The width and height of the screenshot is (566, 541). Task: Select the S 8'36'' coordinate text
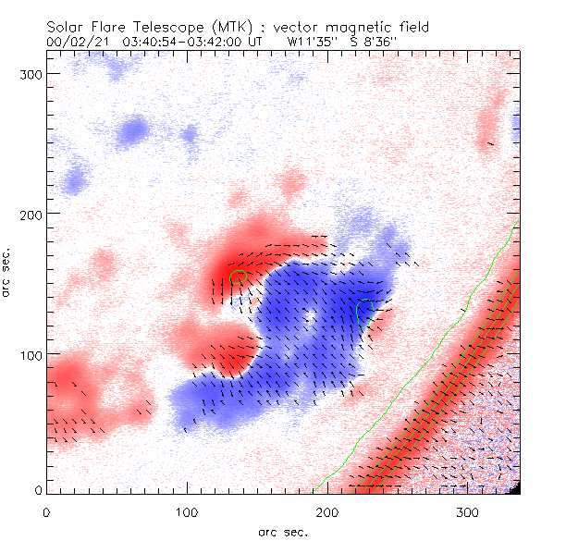[x=374, y=42]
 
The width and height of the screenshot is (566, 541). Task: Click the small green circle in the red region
[x=238, y=276]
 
